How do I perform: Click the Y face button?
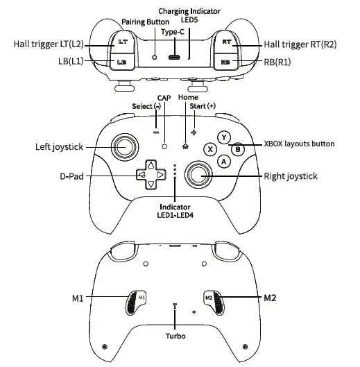coord(224,137)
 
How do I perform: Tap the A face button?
coord(224,161)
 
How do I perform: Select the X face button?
coord(210,149)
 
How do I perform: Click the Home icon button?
coord(185,146)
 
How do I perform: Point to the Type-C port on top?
coord(175,57)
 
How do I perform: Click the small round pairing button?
coord(155,57)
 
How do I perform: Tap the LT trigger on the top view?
coord(122,42)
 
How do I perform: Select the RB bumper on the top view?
coord(225,62)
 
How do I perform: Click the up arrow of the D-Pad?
coord(151,165)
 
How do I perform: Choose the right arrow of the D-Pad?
coord(160,175)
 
